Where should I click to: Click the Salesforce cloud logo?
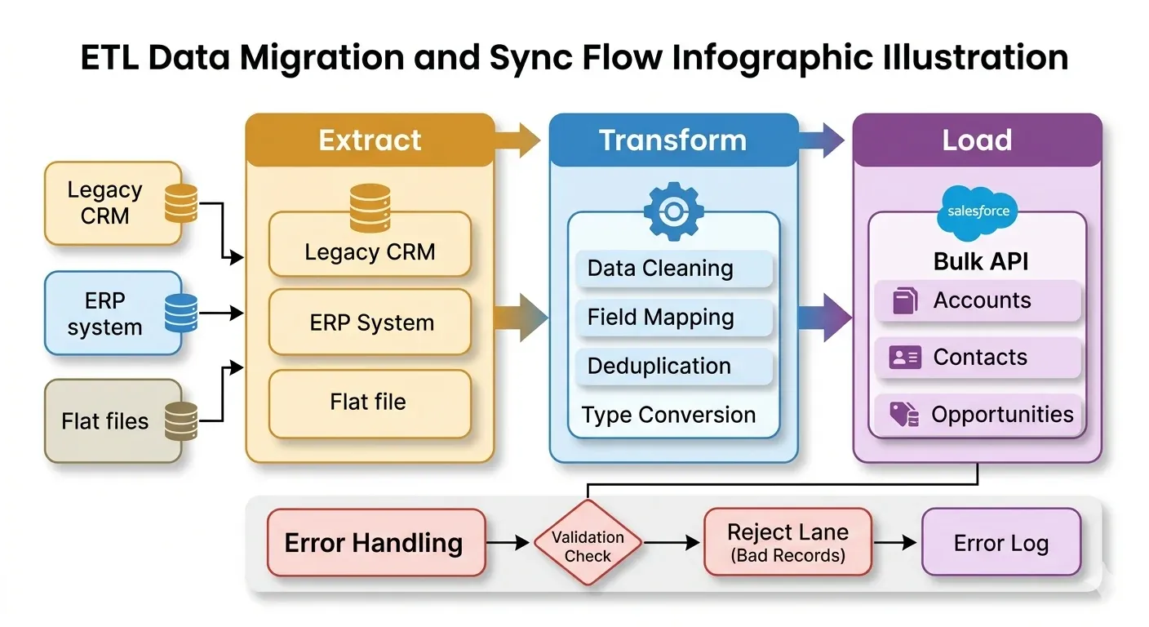[978, 211]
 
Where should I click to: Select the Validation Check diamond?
[588, 544]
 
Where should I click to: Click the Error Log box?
[1001, 543]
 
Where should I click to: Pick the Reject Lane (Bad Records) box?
[787, 543]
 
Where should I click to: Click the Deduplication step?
[659, 366]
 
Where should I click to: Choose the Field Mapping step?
[661, 317]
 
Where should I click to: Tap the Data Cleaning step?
[660, 268]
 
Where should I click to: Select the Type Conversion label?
[668, 415]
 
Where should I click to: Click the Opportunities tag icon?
[903, 415]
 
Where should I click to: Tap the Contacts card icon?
[904, 358]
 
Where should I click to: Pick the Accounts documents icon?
[904, 300]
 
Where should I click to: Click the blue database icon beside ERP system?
[181, 313]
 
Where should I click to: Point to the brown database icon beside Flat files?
[181, 420]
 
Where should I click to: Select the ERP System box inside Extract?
[370, 322]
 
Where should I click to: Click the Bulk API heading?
[980, 261]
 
